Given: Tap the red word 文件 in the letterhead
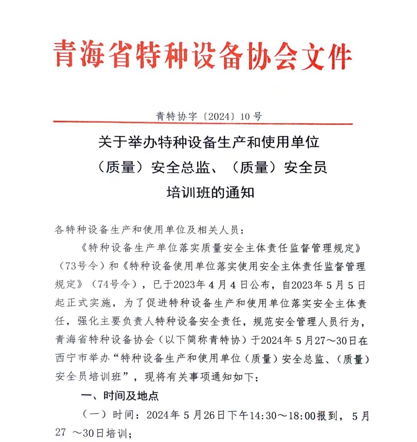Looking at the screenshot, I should click(326, 57).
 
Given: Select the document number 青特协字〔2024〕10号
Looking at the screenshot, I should click(209, 116).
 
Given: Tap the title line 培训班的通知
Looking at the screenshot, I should click(210, 192).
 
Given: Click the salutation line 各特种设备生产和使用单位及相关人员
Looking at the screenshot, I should click(149, 230).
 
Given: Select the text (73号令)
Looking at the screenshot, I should click(79, 266).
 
